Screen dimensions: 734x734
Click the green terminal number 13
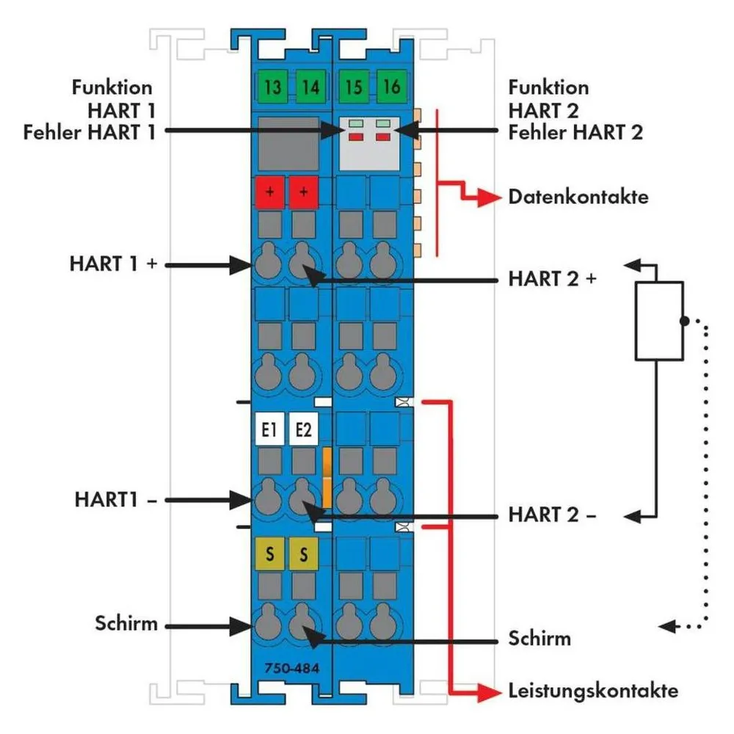[272, 87]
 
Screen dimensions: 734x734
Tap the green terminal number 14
[310, 87]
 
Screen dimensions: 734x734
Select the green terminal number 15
[354, 87]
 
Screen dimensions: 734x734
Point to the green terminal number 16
[392, 87]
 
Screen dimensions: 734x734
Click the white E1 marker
[269, 429]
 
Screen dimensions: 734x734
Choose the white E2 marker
[303, 429]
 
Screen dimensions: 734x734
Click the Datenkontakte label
[578, 197]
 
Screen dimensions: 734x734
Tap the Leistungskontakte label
[593, 691]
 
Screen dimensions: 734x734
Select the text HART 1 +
[113, 264]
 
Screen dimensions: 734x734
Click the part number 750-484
[291, 668]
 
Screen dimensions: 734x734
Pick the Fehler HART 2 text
[575, 132]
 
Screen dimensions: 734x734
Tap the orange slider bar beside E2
[327, 478]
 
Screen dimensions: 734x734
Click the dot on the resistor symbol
[684, 321]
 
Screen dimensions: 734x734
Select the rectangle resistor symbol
[659, 321]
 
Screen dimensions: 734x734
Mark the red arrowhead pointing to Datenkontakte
[489, 198]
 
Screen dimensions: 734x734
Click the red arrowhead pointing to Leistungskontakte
[489, 691]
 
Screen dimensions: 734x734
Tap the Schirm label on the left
[126, 623]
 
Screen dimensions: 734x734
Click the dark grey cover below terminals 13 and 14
[288, 144]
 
